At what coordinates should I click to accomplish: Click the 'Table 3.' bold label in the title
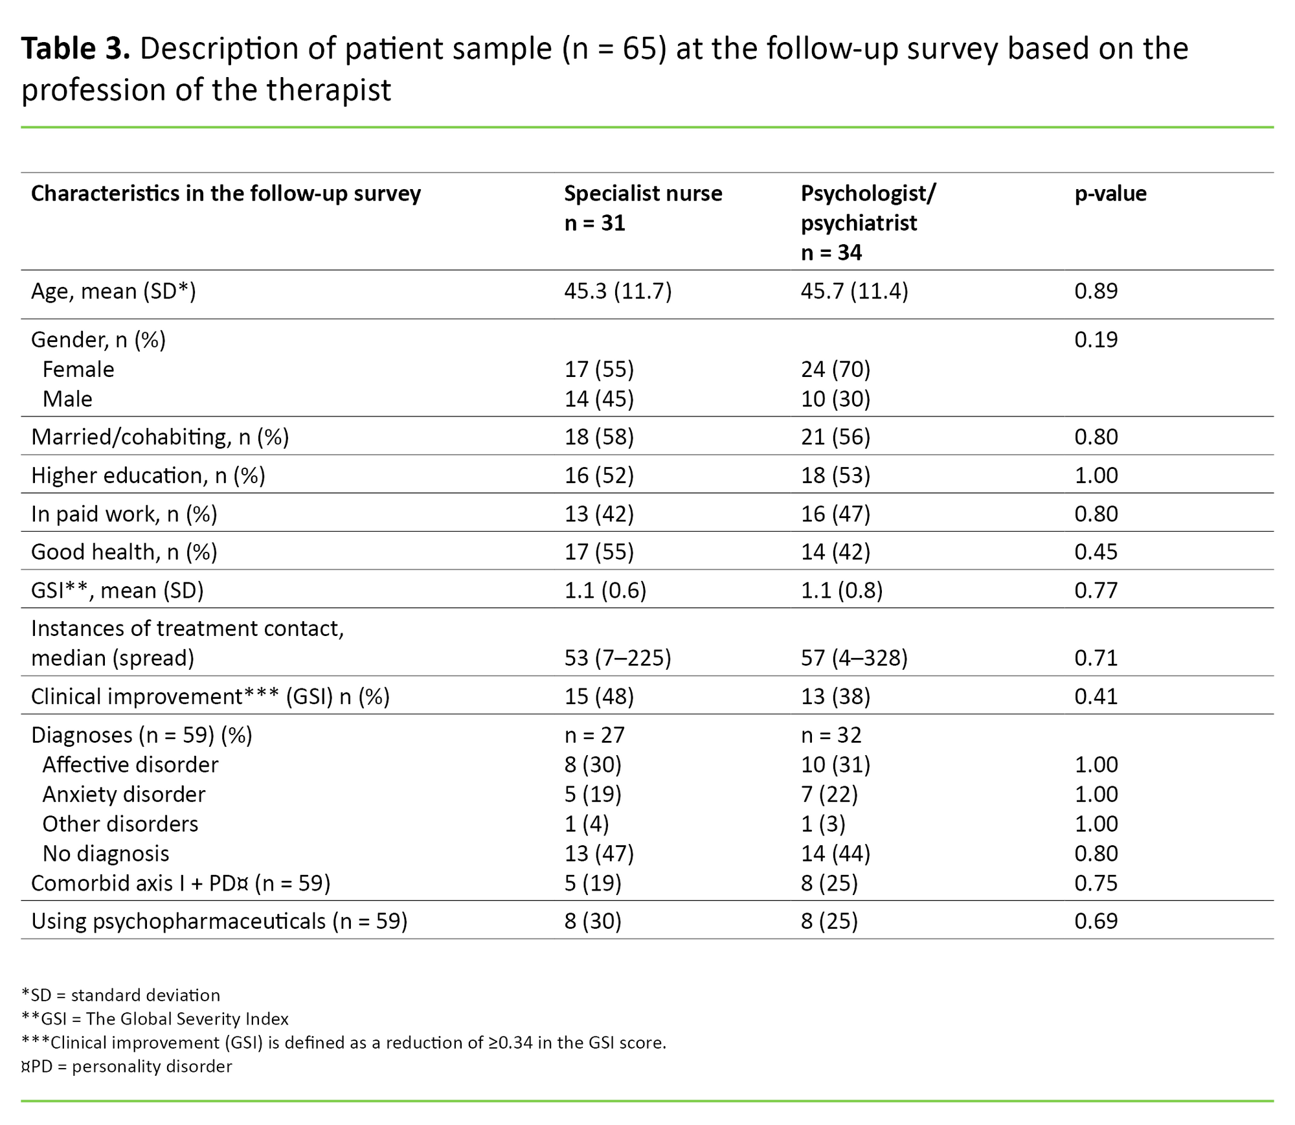coord(75,49)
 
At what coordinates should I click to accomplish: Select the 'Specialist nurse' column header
coord(642,194)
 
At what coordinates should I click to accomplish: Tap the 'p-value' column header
coord(1110,194)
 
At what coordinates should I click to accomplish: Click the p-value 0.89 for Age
coord(1096,291)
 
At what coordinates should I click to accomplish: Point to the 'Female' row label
coord(78,369)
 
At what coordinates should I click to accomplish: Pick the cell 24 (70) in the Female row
coord(835,369)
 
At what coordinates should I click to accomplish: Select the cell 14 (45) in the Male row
coord(599,399)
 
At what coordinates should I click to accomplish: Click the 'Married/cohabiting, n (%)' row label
coord(160,437)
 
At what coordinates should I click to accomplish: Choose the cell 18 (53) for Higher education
coord(835,475)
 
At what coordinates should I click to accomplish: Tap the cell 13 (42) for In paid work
coord(599,514)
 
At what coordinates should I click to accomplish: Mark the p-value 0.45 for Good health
coord(1096,552)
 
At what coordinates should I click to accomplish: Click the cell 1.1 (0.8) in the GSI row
coord(841,591)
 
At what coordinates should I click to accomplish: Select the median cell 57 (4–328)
coord(854,658)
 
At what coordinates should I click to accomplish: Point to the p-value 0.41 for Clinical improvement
coord(1096,696)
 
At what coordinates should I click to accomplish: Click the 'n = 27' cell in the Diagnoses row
coord(594,735)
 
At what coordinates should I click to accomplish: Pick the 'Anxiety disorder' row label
coord(124,795)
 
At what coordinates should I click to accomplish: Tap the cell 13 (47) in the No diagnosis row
coord(599,854)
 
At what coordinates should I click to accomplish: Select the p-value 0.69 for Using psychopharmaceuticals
coord(1096,921)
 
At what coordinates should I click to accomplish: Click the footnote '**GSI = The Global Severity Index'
coord(155,1019)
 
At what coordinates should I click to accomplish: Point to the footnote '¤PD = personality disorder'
coord(126,1066)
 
